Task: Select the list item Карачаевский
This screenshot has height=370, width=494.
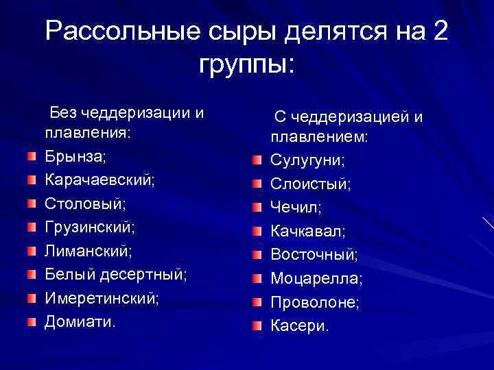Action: click(x=99, y=181)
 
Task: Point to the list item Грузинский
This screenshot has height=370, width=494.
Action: click(x=90, y=227)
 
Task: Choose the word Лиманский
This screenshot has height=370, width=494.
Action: click(x=87, y=251)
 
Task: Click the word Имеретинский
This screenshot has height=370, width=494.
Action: click(x=102, y=298)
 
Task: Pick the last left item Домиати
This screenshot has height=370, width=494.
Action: click(x=80, y=321)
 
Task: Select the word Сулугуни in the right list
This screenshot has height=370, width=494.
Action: click(x=307, y=161)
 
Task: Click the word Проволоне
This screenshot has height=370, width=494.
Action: click(x=315, y=302)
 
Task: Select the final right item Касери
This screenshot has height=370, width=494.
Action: click(x=300, y=325)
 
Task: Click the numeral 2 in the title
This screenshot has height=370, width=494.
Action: click(x=439, y=32)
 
